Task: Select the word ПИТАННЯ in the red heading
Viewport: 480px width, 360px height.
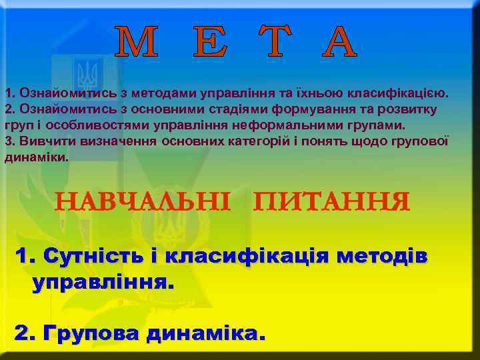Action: tap(331, 201)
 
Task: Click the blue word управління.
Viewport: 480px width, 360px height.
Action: tap(101, 283)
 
